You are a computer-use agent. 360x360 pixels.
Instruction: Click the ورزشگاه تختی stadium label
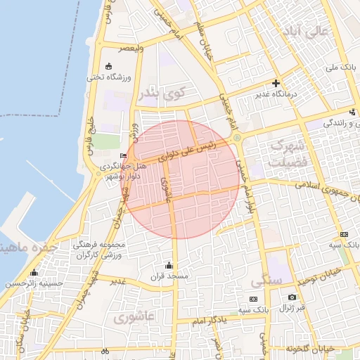105,78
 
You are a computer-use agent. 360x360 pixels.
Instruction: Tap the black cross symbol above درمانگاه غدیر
276,83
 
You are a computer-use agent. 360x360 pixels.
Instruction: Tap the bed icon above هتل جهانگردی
124,156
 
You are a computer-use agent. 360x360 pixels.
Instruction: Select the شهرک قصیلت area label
286,155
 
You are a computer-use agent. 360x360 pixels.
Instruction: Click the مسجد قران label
168,276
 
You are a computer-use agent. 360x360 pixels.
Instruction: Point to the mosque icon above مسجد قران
168,265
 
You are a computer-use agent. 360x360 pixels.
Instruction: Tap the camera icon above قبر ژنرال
292,298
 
